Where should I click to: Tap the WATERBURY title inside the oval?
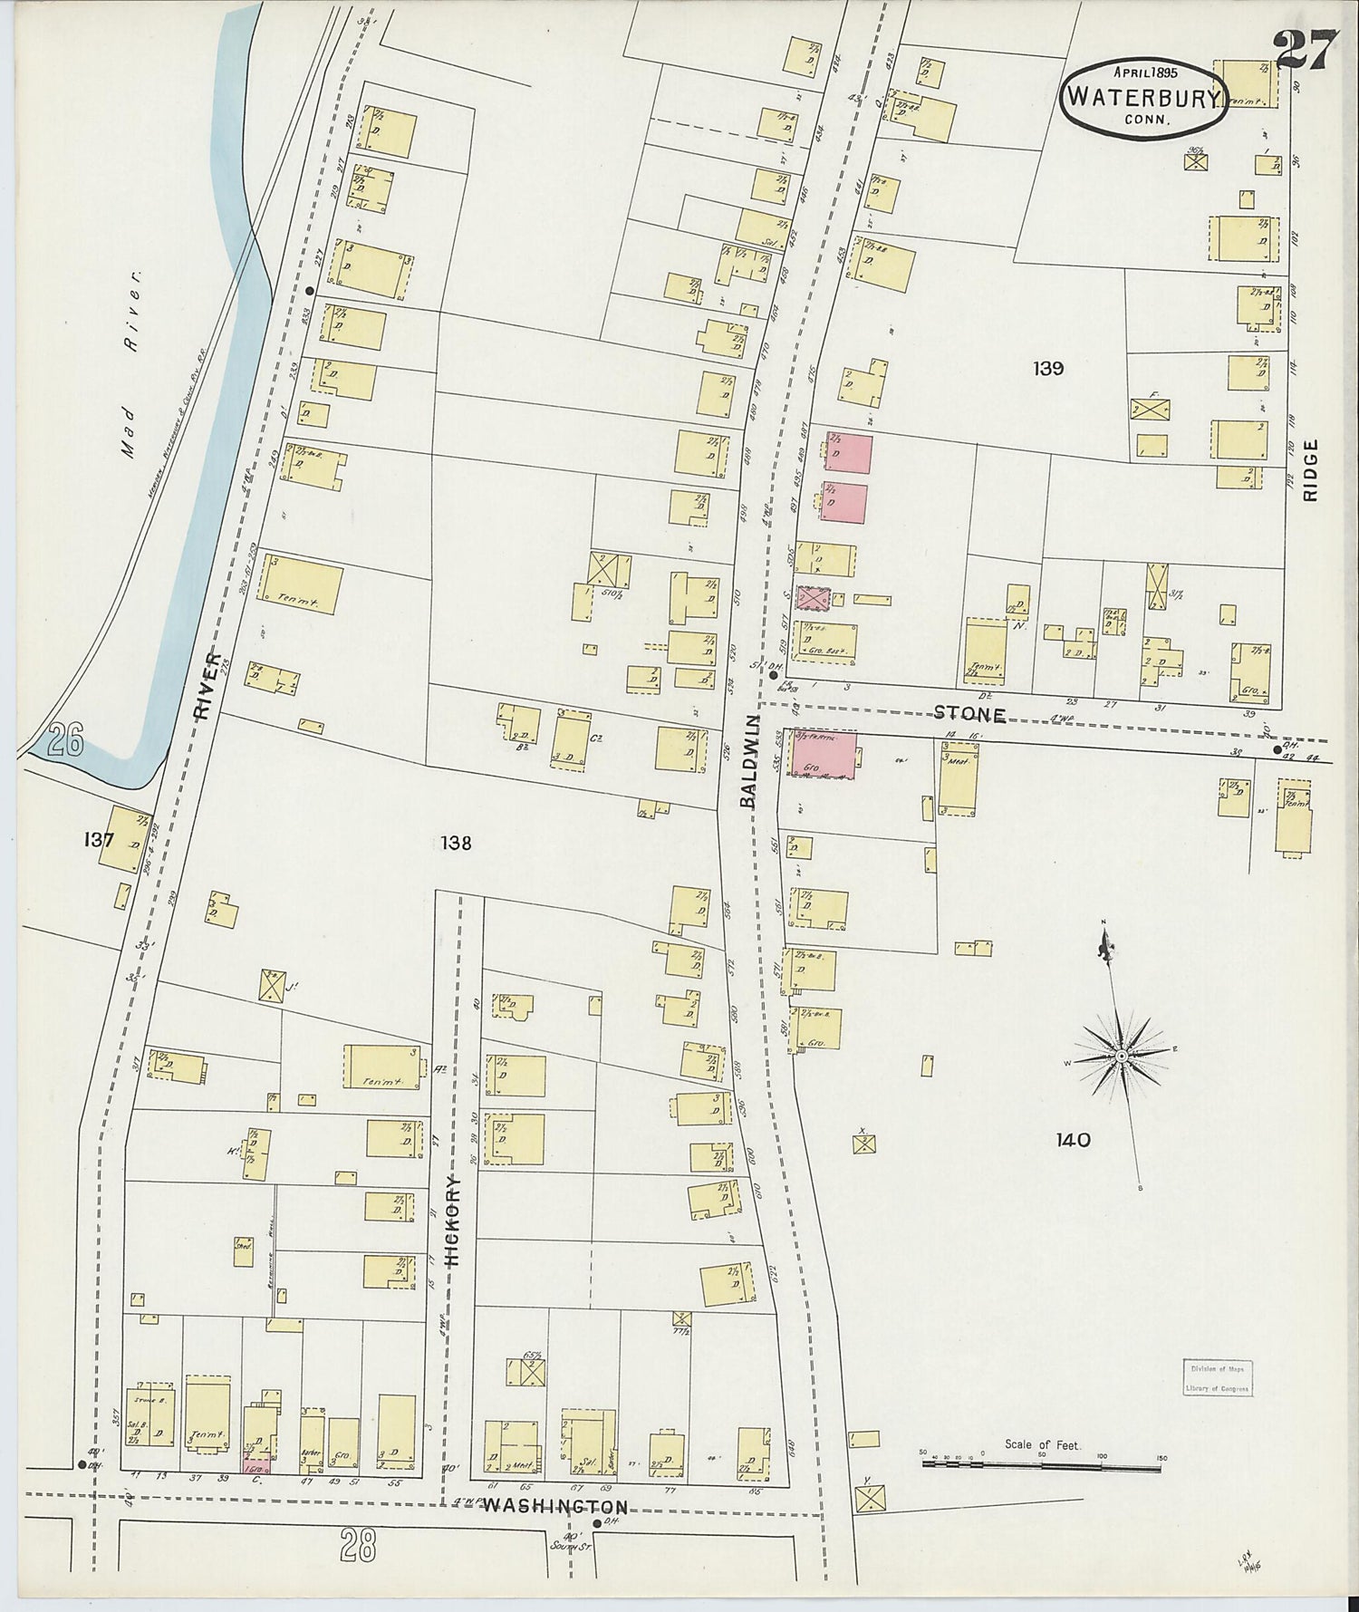1142,97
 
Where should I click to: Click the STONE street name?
970,715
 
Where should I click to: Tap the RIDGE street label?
1310,469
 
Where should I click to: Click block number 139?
1047,369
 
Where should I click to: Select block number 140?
1072,1140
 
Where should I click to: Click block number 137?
97,840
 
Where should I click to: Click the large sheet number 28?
358,1545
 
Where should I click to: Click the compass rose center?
1121,1056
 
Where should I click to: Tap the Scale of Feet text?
1042,1445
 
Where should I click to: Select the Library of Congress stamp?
1217,1376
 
